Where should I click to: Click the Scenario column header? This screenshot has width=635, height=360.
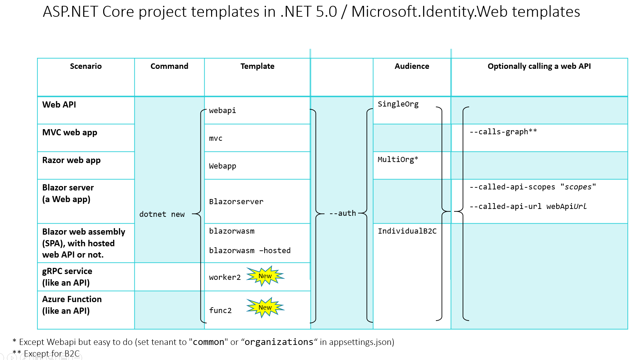coord(86,66)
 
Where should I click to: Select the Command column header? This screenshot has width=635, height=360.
coord(169,66)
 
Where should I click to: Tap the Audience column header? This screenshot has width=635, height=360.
coord(412,66)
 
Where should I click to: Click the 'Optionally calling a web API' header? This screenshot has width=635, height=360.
coord(539,66)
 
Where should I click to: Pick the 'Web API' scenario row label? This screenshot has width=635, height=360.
coord(59,105)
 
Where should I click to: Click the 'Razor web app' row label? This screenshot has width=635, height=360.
coord(71,160)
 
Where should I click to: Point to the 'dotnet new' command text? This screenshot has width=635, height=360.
coord(162,214)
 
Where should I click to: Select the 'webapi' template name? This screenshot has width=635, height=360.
coord(222,111)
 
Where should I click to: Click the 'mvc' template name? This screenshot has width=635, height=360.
coord(216,138)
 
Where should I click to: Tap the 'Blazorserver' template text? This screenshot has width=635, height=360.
coord(236,202)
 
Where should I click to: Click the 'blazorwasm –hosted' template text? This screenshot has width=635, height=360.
coord(249,251)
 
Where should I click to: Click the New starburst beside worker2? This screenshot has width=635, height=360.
coord(265,276)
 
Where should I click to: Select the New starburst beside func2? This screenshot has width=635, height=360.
coord(265,308)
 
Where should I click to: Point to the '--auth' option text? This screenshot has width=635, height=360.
coord(342,213)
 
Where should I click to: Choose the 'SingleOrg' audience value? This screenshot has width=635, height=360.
coord(398,104)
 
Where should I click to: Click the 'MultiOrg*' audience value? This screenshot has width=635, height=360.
coord(398,160)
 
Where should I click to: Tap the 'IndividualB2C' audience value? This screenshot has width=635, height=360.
coord(407,231)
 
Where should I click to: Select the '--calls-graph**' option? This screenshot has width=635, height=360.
coord(503,132)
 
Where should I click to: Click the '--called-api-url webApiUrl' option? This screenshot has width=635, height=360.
coord(528,207)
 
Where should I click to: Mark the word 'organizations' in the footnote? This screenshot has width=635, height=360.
coord(279,342)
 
